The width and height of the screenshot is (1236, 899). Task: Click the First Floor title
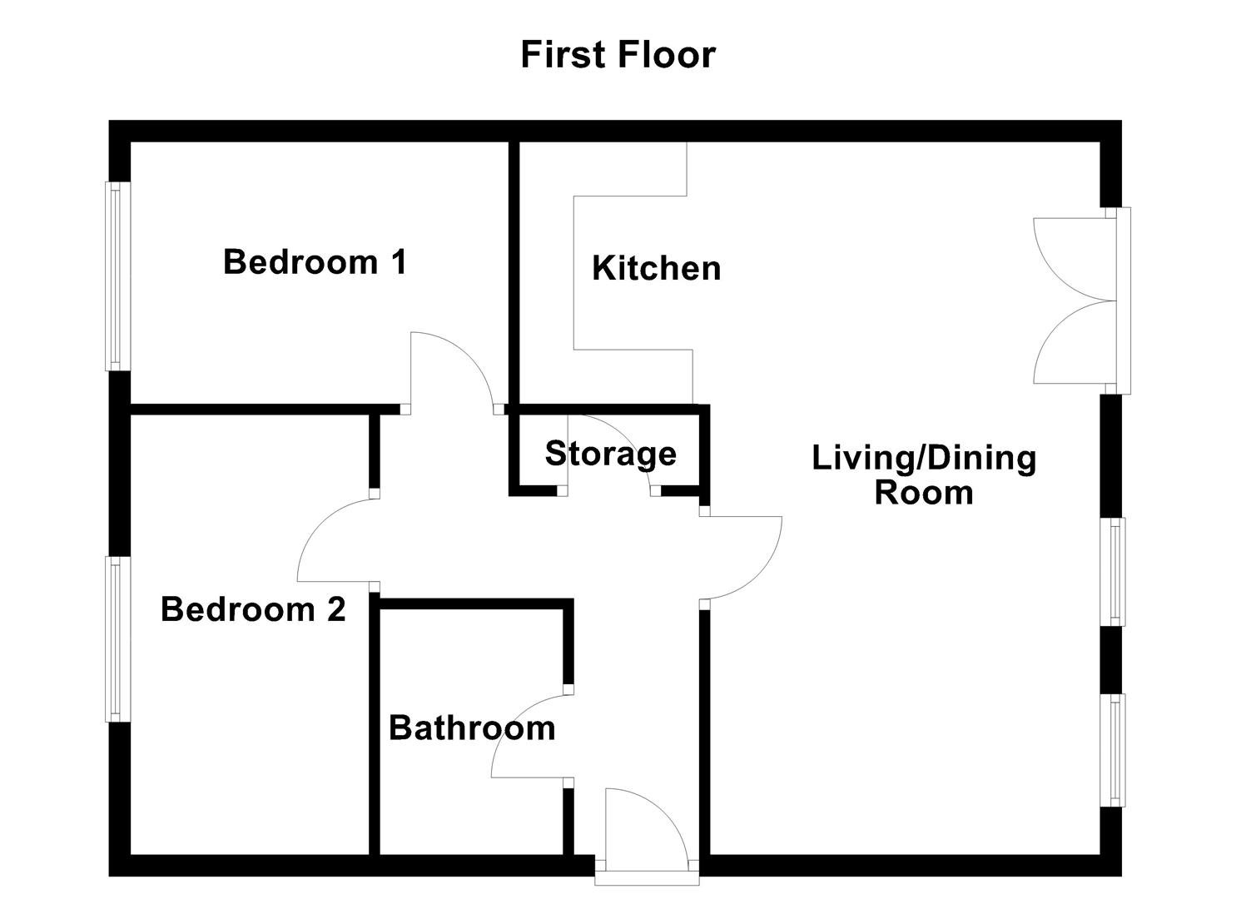(x=618, y=55)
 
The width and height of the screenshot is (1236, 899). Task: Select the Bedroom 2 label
(x=253, y=609)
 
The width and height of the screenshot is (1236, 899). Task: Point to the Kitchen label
(x=656, y=268)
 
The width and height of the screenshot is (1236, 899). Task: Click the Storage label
(x=611, y=454)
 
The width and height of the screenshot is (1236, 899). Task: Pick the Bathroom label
(x=472, y=728)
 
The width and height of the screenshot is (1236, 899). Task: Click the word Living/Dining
(x=924, y=459)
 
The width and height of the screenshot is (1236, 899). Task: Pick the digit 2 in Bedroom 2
(x=336, y=609)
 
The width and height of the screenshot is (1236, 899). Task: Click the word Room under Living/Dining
(x=924, y=492)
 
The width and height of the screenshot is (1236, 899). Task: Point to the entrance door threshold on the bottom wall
(x=647, y=878)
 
